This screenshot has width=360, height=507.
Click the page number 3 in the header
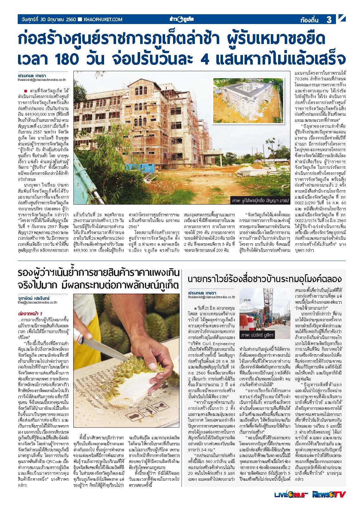point(329,20)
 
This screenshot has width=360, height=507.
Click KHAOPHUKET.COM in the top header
point(103,20)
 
